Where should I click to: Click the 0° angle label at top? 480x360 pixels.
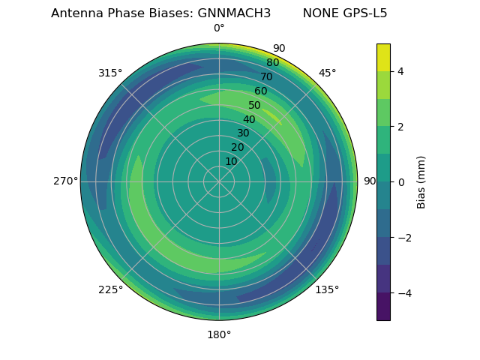click(219, 28)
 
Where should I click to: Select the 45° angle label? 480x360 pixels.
click(327, 73)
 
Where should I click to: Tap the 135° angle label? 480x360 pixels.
click(327, 289)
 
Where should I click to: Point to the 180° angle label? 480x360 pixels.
click(219, 334)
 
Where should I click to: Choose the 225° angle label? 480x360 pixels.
click(110, 289)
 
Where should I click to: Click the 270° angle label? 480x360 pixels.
click(65, 181)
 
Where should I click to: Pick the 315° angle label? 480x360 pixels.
click(110, 73)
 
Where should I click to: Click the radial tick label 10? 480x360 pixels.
click(232, 161)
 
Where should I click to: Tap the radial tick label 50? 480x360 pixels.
click(255, 106)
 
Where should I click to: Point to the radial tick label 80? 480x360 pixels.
click(273, 63)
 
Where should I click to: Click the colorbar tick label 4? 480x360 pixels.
click(400, 71)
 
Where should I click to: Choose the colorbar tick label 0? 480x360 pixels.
click(400, 181)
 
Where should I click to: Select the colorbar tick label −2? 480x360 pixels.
click(403, 237)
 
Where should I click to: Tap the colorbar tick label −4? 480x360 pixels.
click(403, 292)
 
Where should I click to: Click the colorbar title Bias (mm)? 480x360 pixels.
click(421, 181)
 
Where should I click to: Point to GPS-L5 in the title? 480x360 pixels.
click(366, 13)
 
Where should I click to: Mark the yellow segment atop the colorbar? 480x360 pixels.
click(383, 57)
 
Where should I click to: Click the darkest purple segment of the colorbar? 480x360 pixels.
click(383, 306)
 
